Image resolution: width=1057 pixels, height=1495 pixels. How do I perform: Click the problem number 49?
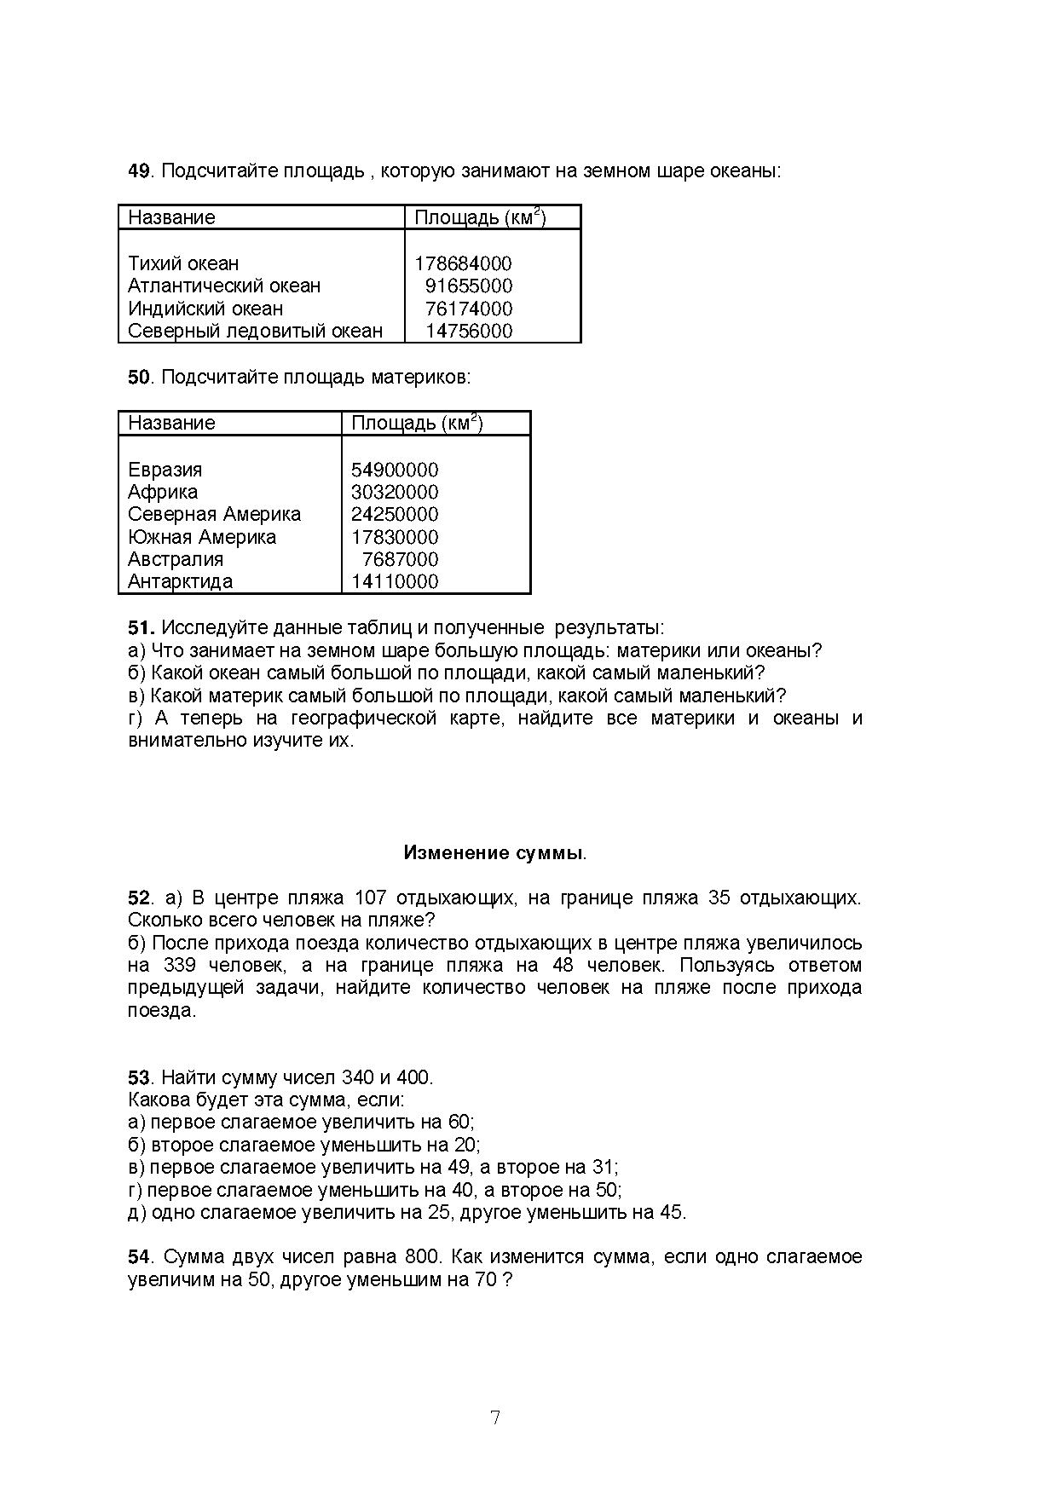click(139, 171)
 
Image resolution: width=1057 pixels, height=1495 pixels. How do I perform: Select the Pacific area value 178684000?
click(463, 264)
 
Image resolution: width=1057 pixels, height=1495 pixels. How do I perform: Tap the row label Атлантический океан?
click(224, 286)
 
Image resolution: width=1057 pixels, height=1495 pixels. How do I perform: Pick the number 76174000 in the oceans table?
click(468, 309)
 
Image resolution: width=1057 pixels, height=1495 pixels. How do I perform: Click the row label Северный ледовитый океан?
click(255, 332)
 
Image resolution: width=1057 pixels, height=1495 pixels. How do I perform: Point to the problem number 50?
click(139, 378)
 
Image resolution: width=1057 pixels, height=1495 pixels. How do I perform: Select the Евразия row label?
click(165, 470)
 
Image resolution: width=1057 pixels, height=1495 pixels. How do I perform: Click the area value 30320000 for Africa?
click(395, 493)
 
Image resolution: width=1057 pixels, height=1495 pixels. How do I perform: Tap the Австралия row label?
click(176, 560)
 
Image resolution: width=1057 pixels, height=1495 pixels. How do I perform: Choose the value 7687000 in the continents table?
click(400, 560)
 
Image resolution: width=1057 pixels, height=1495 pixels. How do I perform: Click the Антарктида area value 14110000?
click(395, 582)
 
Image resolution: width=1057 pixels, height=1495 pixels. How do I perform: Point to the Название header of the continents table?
click(171, 424)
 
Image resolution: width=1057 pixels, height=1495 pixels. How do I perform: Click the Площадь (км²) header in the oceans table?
click(480, 217)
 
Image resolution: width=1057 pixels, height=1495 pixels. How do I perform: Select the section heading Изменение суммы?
click(494, 853)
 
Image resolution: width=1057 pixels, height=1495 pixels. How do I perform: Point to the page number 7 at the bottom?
click(495, 1418)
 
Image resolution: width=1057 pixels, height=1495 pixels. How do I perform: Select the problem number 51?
click(141, 629)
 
